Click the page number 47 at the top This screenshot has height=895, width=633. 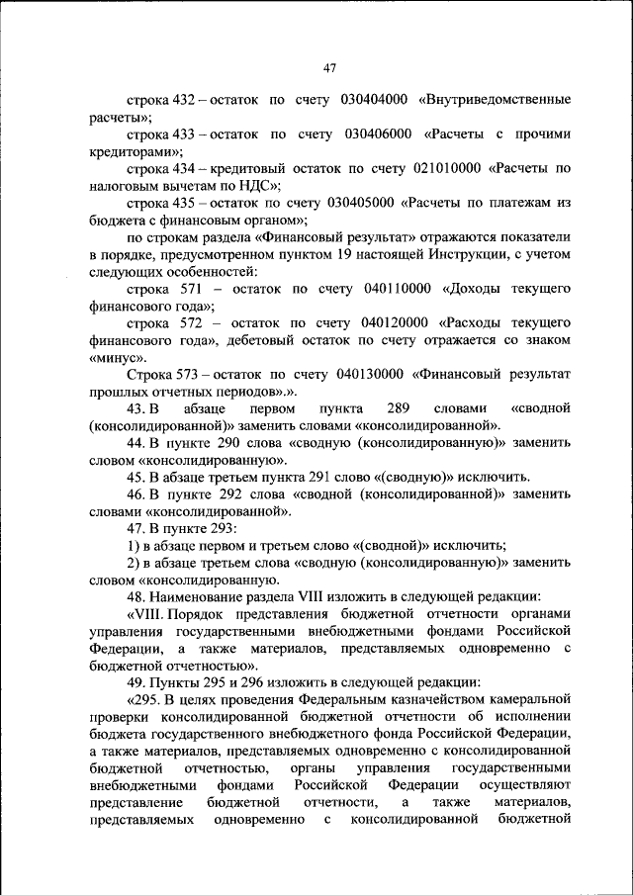click(x=329, y=68)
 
